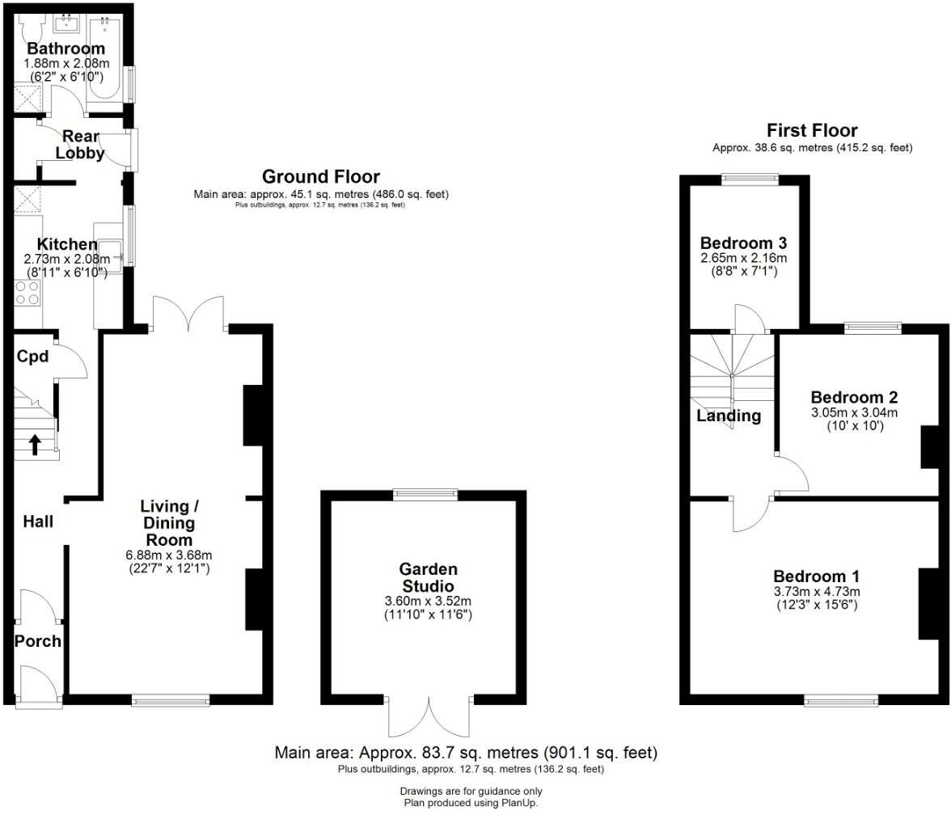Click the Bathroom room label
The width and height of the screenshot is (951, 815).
tap(66, 49)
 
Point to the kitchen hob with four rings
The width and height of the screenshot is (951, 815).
tap(27, 291)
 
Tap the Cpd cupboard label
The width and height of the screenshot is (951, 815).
tap(33, 357)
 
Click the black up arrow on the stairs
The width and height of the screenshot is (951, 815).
tap(34, 444)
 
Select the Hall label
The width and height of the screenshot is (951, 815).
tap(38, 522)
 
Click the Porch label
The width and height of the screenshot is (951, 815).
tap(38, 641)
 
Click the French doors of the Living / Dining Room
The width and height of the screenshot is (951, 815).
tap(188, 315)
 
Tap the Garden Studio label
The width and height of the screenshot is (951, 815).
tap(427, 577)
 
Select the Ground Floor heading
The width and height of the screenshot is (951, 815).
tap(320, 176)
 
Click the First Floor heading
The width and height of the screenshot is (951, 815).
tap(812, 130)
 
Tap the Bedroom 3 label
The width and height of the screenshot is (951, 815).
tap(743, 243)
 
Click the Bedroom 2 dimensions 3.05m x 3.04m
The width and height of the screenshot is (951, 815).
tap(854, 412)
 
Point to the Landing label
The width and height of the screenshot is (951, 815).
tap(729, 416)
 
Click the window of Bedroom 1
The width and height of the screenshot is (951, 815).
tap(841, 700)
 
